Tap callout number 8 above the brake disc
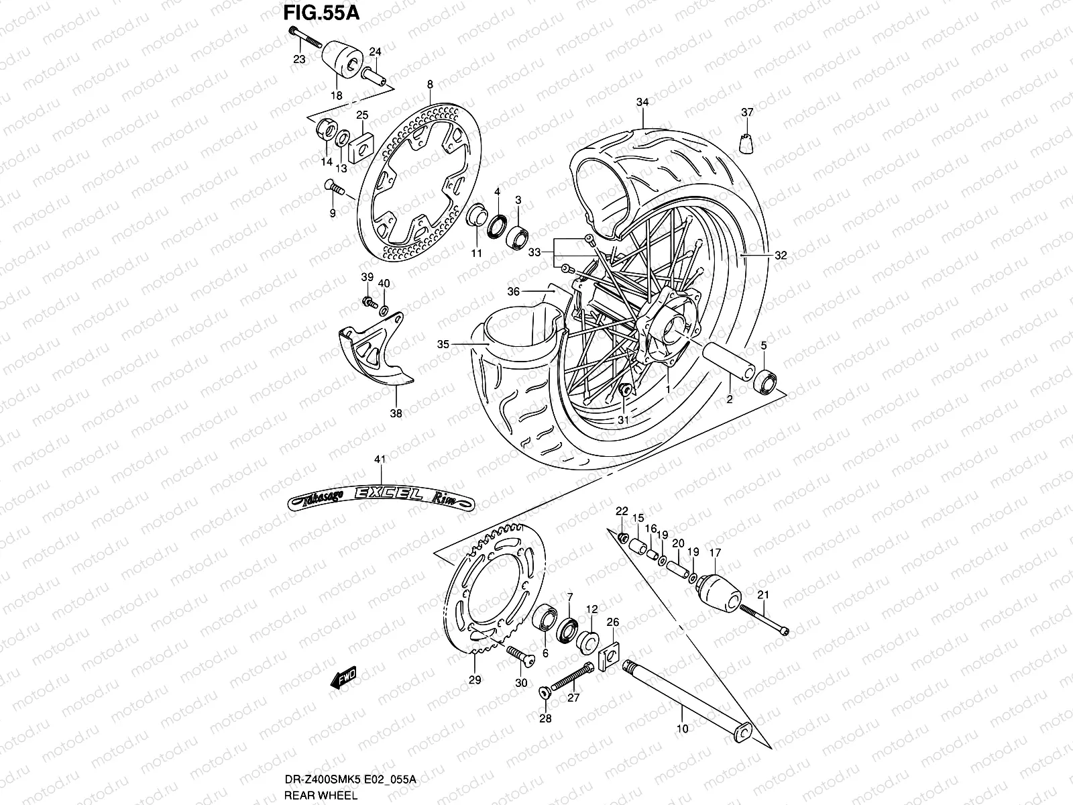[x=430, y=84]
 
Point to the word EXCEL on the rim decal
[x=386, y=494]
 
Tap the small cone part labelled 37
[x=748, y=143]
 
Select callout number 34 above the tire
[x=642, y=102]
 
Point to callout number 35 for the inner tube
[x=443, y=344]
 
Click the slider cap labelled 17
[x=718, y=590]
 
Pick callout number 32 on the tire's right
[x=780, y=256]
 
